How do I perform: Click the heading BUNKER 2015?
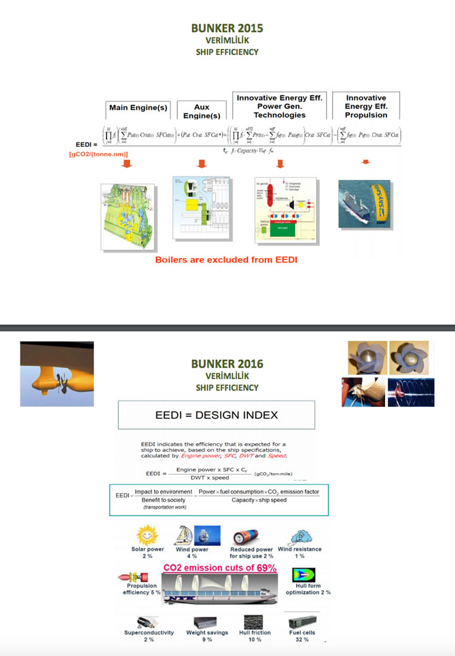[227, 29]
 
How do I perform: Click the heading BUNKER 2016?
[227, 364]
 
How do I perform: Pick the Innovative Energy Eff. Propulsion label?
[366, 107]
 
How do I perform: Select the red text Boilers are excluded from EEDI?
[227, 259]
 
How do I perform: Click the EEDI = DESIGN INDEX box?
[217, 414]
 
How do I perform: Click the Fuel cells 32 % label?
[302, 636]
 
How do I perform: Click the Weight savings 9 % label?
[206, 636]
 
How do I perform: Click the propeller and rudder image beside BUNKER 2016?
[57, 374]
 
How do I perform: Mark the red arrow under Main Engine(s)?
[125, 164]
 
